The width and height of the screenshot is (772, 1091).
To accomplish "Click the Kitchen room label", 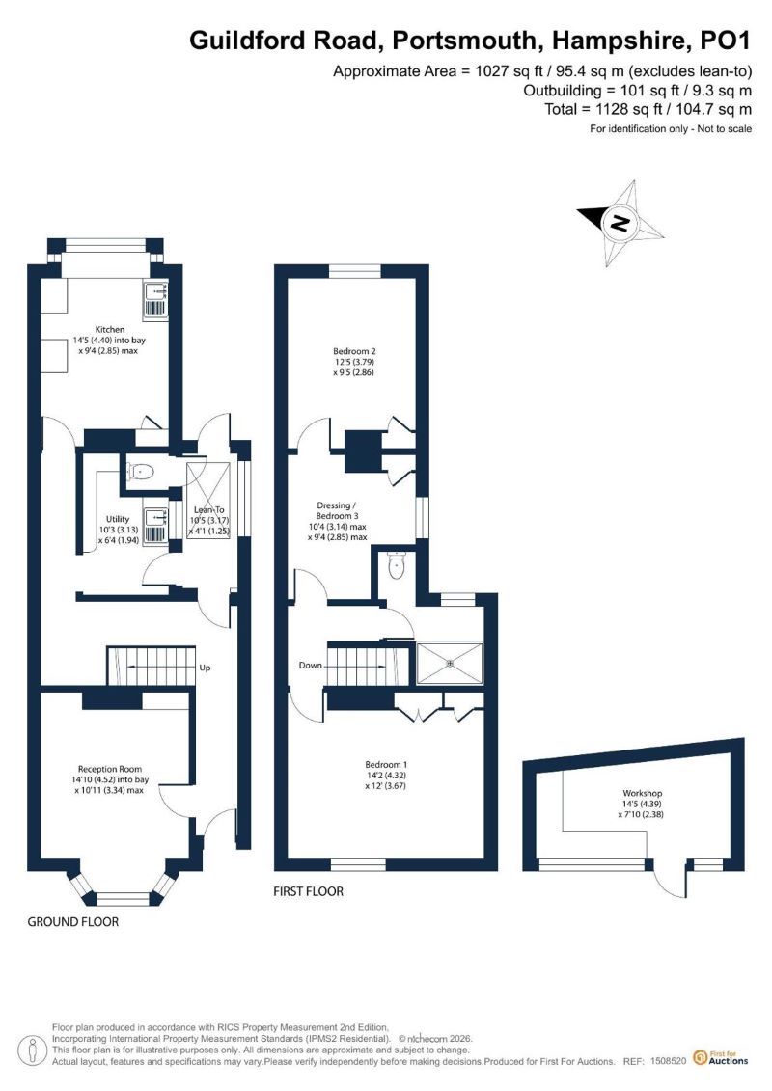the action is point(110,341).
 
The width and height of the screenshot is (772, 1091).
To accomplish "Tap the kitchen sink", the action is point(156,300).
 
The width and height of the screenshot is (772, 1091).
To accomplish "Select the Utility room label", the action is point(118,530).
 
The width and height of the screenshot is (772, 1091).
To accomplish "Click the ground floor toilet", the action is point(141,472).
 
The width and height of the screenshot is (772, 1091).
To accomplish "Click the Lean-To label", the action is point(209,521).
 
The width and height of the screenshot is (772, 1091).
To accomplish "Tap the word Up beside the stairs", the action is point(205,668).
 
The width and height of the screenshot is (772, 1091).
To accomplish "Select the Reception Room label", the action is point(110,779).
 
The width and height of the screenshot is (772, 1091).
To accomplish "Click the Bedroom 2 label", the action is point(354,362).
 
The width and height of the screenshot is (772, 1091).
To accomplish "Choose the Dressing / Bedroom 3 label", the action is point(337,521).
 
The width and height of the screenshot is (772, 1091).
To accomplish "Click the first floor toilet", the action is point(396,565).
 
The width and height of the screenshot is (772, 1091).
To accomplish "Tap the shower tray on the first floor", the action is point(449,663).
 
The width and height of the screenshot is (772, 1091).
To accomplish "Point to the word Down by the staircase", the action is point(311,666).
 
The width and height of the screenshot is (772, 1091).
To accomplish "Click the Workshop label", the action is point(642,804).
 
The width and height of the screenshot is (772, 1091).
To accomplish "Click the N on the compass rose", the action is point(619,224).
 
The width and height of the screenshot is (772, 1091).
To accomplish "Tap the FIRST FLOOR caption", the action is point(309,891).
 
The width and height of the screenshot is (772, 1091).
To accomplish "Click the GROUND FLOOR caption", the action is point(73,922).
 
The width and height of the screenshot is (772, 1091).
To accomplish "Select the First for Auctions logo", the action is point(721,1058).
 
